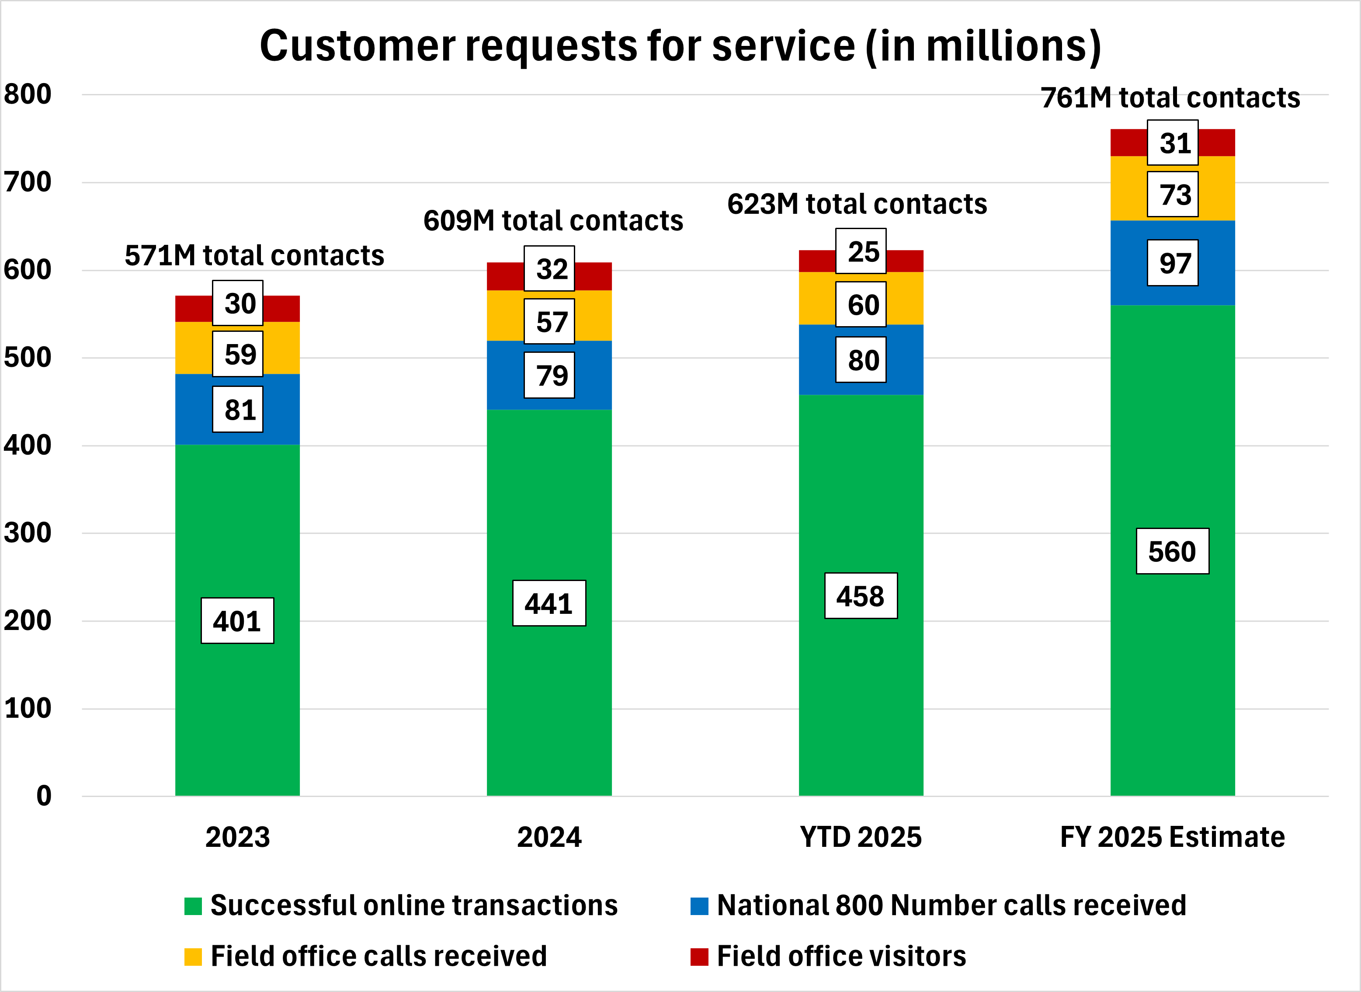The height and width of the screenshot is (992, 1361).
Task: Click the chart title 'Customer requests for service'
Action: (680, 46)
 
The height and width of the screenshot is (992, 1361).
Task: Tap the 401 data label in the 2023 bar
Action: (237, 621)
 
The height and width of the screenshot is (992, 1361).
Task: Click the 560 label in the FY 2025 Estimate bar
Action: (1172, 551)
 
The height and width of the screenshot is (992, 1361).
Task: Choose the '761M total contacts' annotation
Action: (1170, 98)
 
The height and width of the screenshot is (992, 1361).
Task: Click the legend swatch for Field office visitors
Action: (699, 957)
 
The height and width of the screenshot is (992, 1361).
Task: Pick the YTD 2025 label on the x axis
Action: (860, 837)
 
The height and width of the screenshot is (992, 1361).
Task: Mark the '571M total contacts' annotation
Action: (254, 256)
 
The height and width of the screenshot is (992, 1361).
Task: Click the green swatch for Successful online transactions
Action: (193, 906)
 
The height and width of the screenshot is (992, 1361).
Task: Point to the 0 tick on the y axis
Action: (44, 796)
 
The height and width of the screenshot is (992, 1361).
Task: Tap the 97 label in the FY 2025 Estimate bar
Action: (1173, 263)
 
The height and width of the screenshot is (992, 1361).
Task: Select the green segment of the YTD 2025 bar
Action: (860, 691)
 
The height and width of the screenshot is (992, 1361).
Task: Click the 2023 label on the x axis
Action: (238, 837)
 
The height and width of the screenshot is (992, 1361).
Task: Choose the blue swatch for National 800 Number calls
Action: (699, 906)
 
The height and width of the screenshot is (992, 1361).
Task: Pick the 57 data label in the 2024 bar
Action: (549, 322)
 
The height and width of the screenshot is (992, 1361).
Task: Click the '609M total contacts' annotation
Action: (553, 221)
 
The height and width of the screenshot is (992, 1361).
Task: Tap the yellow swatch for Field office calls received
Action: (193, 957)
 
